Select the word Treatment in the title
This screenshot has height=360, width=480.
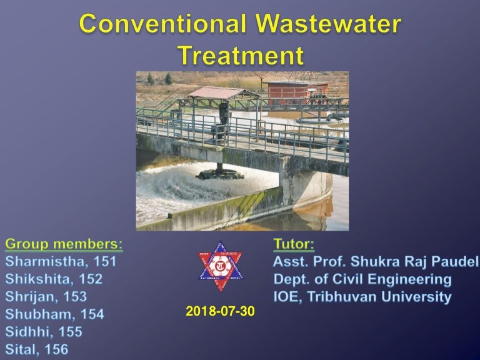(241, 56)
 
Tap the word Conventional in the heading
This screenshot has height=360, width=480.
(164, 25)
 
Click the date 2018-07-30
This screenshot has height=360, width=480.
(221, 311)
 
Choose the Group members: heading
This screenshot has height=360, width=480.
(64, 243)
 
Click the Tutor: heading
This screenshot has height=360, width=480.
(294, 243)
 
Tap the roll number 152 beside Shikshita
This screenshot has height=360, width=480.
(91, 279)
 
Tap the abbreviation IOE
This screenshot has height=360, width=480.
(288, 297)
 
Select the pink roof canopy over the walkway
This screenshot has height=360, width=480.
(214, 93)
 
